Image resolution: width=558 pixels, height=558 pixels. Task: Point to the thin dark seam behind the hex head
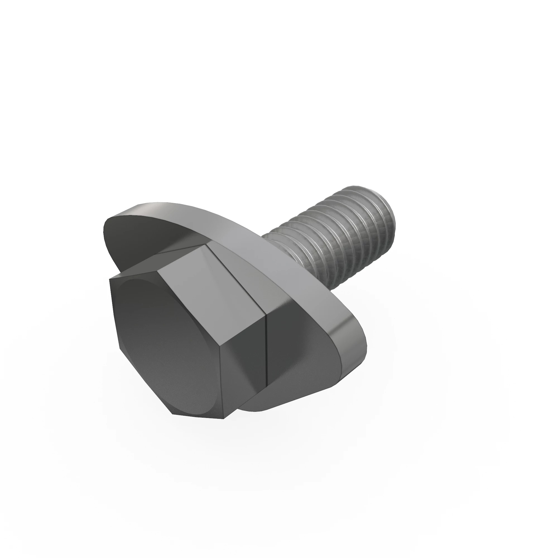click(x=266, y=347)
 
